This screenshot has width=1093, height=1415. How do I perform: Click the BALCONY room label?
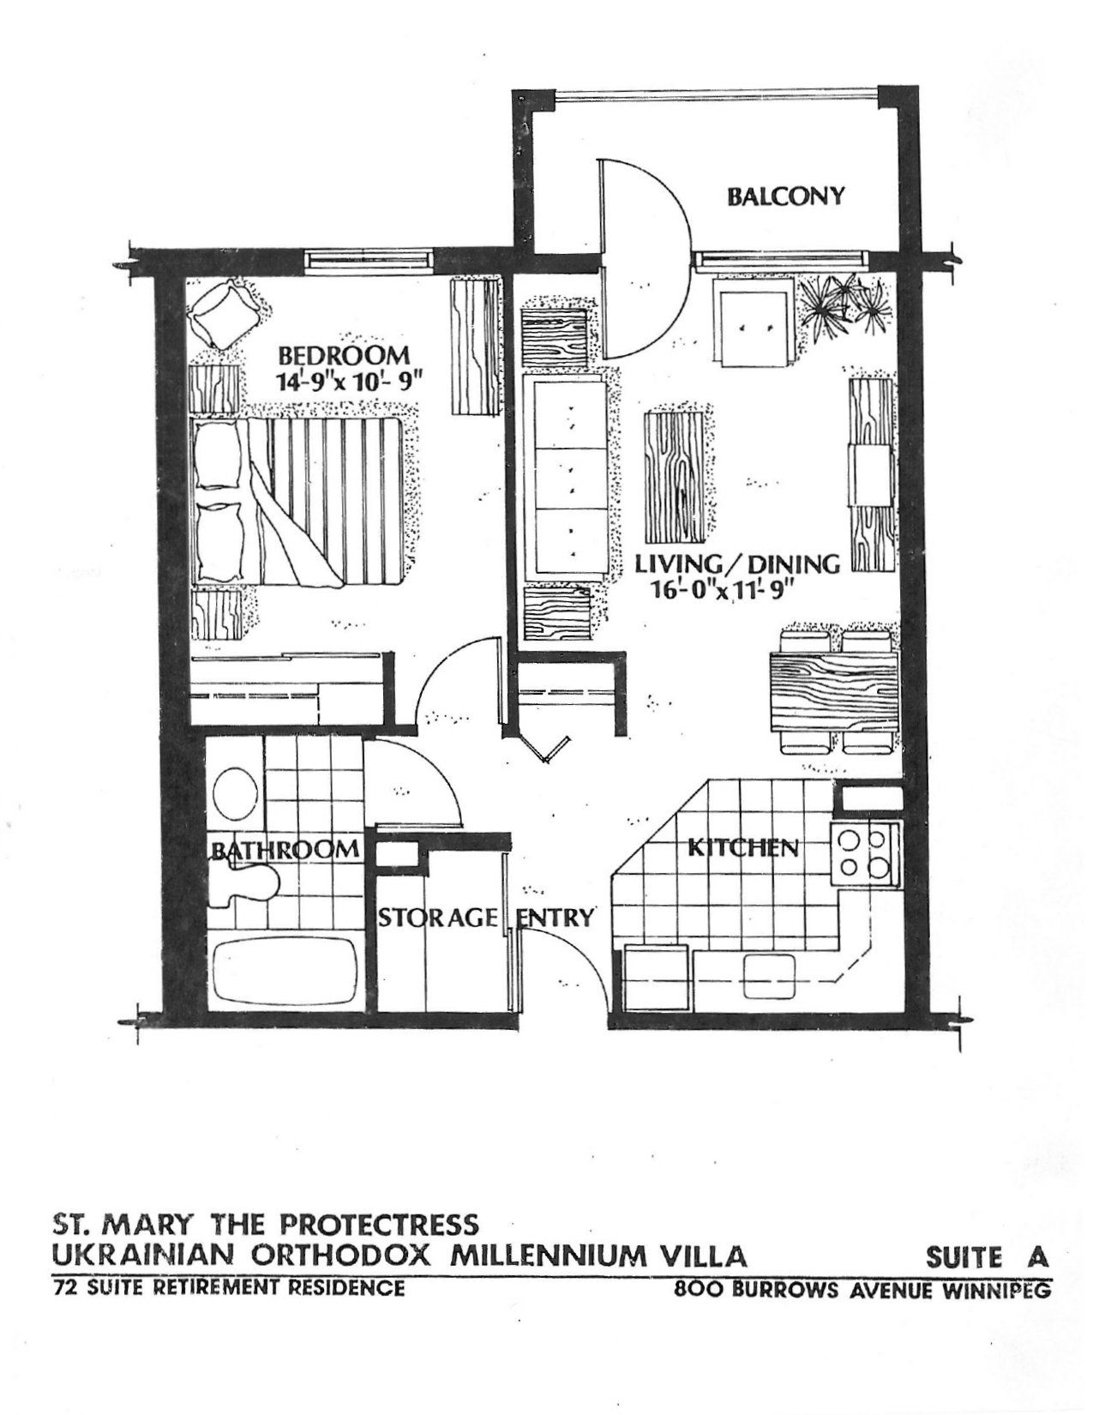click(785, 196)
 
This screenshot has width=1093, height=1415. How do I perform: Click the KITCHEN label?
click(743, 847)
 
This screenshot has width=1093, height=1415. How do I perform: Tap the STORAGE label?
click(438, 918)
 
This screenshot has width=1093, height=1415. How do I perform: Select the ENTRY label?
click(556, 918)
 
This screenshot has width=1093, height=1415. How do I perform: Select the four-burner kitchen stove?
click(864, 853)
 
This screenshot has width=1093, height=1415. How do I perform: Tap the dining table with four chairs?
click(832, 690)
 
